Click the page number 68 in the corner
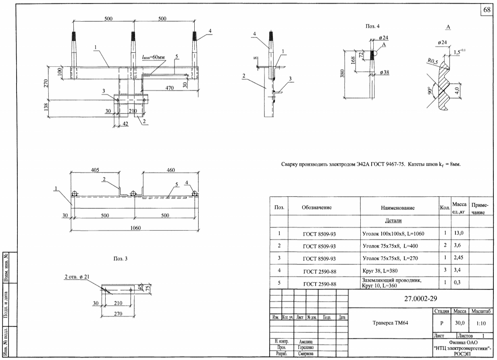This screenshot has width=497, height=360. click(x=487, y=10)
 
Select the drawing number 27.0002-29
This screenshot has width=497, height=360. click(x=420, y=299)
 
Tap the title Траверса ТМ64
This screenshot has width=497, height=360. click(x=390, y=323)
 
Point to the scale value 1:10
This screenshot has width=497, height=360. click(x=481, y=323)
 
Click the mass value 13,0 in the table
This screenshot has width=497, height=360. click(x=459, y=233)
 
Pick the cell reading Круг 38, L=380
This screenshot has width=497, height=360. click(x=380, y=271)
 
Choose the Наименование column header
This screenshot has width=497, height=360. click(x=397, y=208)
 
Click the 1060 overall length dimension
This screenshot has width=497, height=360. click(x=135, y=228)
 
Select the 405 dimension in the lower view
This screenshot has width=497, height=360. click(x=95, y=170)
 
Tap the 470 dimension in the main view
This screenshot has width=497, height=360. click(x=169, y=88)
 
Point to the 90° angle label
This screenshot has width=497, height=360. click(x=430, y=90)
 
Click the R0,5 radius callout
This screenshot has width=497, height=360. click(x=433, y=61)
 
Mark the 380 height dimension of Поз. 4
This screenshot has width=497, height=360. click(x=342, y=73)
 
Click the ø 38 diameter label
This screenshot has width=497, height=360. click(x=385, y=72)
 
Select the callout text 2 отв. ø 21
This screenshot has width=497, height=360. click(x=77, y=277)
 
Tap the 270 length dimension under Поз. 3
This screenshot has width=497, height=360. click(x=118, y=314)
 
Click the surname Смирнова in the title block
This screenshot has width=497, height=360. click(x=306, y=354)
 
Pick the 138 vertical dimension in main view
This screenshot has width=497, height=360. click(x=46, y=107)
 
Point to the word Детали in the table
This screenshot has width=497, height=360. click(x=393, y=221)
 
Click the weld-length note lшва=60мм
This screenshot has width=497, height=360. click(x=153, y=57)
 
